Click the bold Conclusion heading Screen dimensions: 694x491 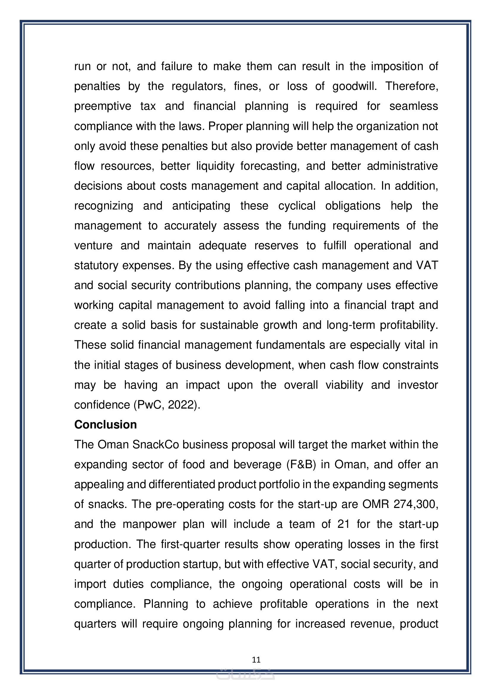click(x=105, y=425)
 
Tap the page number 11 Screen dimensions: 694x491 click(x=256, y=660)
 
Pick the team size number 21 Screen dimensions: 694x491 click(x=343, y=524)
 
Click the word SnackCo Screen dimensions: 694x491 click(x=156, y=445)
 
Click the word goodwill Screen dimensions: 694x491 click(x=354, y=86)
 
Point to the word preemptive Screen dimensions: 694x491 click(x=103, y=107)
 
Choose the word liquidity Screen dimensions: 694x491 click(x=215, y=166)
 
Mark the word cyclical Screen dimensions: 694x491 click(x=297, y=206)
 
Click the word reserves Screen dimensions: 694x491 click(x=276, y=246)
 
